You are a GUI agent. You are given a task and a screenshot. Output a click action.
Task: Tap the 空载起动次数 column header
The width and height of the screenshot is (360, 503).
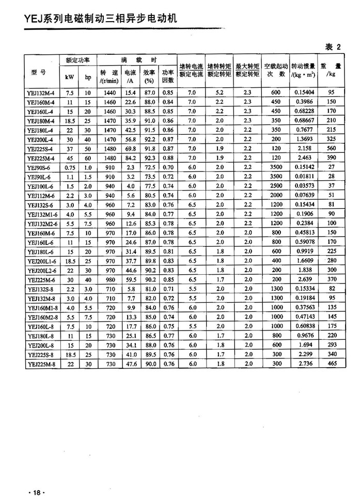(275, 70)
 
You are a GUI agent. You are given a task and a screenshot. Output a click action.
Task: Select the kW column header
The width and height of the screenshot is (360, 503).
(70, 77)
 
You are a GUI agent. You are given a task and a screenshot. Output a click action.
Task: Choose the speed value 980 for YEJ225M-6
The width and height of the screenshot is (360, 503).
(109, 280)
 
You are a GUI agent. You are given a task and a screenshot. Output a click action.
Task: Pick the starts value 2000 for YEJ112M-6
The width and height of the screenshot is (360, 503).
(275, 196)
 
